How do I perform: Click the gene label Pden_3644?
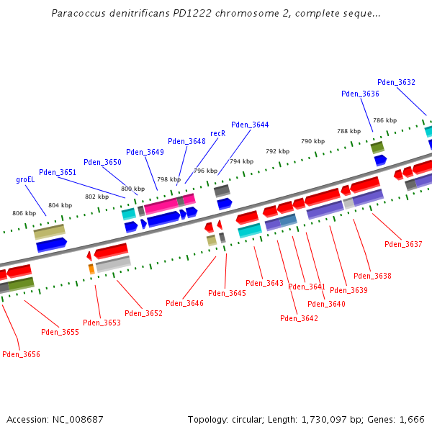(x=250, y=125)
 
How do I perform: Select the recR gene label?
(x=217, y=133)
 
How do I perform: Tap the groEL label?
(x=25, y=179)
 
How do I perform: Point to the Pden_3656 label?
(x=21, y=354)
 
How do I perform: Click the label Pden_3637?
(x=403, y=244)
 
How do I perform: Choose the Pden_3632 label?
(x=396, y=82)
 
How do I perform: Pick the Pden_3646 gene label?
(x=184, y=303)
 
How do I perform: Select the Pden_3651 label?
(x=58, y=172)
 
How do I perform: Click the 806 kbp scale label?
(x=24, y=213)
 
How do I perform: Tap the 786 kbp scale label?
(x=384, y=120)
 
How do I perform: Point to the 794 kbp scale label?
(x=241, y=161)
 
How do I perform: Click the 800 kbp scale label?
(x=132, y=189)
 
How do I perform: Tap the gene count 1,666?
(x=411, y=419)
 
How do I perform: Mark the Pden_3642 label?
(x=299, y=318)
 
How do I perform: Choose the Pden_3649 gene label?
(x=145, y=152)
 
